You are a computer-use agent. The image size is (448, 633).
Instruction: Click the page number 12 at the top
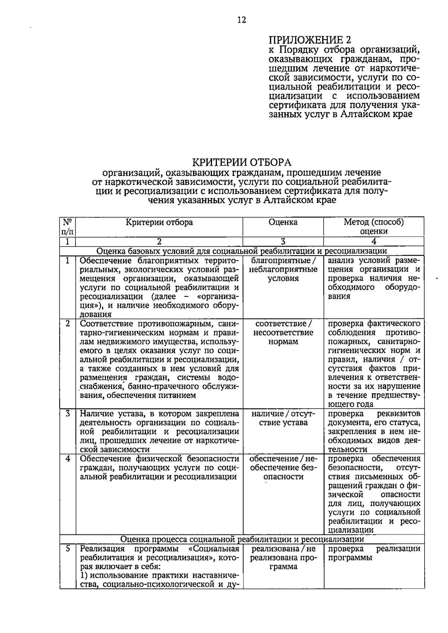[x=242, y=20]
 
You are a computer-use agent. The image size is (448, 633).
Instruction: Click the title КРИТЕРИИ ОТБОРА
[x=242, y=162]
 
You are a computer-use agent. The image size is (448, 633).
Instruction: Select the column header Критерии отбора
[x=159, y=222]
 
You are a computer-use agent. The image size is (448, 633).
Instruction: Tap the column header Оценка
[x=283, y=222]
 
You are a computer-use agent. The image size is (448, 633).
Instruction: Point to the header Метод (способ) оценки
[x=374, y=227]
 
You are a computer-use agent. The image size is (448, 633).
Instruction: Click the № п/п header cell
[x=67, y=227]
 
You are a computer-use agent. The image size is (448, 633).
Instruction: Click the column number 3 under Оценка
[x=283, y=241]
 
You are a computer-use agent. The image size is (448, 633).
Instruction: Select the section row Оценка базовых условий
[x=242, y=251]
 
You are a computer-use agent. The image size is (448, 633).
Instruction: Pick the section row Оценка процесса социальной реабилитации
[x=242, y=539]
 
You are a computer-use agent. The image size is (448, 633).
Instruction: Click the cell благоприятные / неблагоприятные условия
[x=283, y=269]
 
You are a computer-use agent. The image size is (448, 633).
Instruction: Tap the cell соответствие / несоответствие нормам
[x=283, y=333]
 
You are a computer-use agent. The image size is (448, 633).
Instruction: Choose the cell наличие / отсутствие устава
[x=283, y=418]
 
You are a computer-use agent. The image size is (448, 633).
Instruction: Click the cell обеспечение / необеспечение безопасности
[x=283, y=468]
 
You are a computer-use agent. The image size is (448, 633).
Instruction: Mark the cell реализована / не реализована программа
[x=283, y=558]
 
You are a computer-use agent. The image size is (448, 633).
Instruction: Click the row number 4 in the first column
[x=68, y=459]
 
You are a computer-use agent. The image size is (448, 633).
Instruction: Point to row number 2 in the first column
[x=68, y=324]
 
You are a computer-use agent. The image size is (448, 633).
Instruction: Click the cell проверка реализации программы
[x=374, y=553]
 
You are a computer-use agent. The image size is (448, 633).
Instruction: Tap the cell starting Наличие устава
[x=159, y=431]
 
